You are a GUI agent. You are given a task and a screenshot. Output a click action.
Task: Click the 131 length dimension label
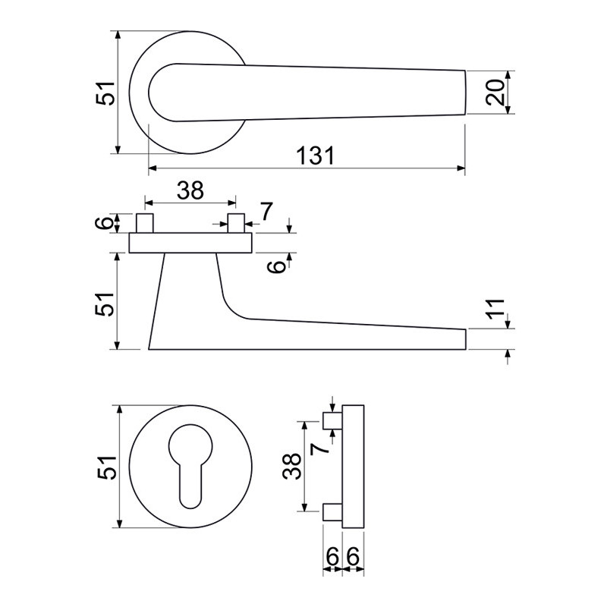[315, 156]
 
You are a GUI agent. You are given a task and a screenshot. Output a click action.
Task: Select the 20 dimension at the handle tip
[495, 92]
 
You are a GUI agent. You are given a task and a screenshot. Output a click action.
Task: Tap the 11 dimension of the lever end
[495, 310]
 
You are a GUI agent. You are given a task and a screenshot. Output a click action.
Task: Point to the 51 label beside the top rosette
[105, 93]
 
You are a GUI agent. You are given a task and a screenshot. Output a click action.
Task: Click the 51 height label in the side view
[105, 304]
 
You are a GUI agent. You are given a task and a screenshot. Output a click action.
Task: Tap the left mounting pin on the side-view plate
[145, 223]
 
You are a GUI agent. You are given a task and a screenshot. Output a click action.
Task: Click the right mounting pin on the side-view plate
[236, 223]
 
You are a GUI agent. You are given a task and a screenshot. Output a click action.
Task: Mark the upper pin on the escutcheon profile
[333, 421]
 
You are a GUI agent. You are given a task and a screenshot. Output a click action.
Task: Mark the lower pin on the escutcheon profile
[333, 512]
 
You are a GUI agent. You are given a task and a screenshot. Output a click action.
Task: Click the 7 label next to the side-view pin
[266, 212]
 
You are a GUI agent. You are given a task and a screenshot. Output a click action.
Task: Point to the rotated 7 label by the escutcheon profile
[319, 449]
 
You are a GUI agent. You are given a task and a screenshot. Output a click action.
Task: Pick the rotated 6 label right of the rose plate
[278, 266]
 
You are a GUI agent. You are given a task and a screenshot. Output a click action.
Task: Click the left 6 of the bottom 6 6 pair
[332, 557]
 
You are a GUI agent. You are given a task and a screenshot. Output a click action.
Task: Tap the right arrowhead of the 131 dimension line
[461, 168]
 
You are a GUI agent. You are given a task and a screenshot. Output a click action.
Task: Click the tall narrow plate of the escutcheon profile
[354, 467]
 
